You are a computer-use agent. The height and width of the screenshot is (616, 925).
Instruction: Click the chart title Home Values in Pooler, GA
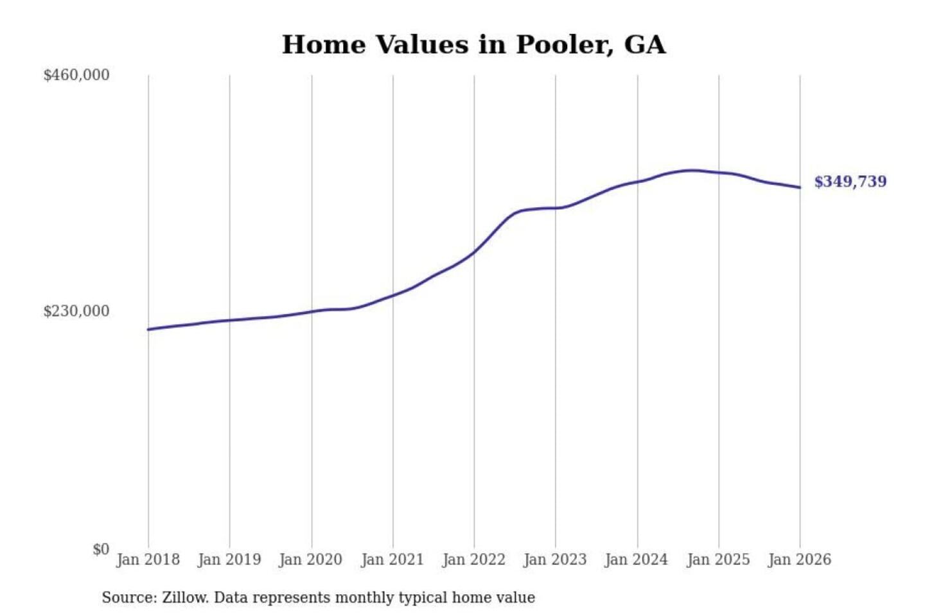pyautogui.click(x=473, y=45)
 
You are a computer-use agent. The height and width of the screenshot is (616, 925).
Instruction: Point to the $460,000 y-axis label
pyautogui.click(x=76, y=75)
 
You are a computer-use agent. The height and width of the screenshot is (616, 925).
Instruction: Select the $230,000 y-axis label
pyautogui.click(x=76, y=311)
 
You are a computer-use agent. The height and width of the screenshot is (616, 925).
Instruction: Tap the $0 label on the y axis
pyautogui.click(x=101, y=549)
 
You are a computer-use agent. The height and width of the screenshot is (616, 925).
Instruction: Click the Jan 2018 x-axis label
pyautogui.click(x=148, y=560)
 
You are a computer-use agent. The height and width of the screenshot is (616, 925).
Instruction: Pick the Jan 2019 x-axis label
pyautogui.click(x=229, y=560)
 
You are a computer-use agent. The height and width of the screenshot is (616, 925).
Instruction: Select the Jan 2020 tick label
pyautogui.click(x=311, y=560)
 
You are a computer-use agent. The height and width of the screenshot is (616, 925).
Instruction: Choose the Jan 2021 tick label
pyautogui.click(x=392, y=560)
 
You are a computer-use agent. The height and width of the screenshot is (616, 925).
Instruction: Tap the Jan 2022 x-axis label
pyautogui.click(x=474, y=560)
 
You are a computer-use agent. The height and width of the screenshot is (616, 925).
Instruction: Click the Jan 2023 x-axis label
pyautogui.click(x=555, y=560)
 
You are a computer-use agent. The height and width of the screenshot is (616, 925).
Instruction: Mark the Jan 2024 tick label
pyautogui.click(x=637, y=560)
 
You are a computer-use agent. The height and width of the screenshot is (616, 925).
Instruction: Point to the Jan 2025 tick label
pyautogui.click(x=718, y=560)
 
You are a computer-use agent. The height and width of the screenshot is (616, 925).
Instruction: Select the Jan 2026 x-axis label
pyautogui.click(x=800, y=560)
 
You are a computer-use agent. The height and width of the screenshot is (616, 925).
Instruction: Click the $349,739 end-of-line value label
pyautogui.click(x=850, y=182)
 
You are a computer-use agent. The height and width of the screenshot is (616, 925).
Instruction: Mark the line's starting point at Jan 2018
pyautogui.click(x=148, y=329)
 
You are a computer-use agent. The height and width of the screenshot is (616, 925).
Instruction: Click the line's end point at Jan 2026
pyautogui.click(x=800, y=187)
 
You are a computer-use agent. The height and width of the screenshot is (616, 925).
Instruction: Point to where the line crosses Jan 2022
pyautogui.click(x=475, y=252)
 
